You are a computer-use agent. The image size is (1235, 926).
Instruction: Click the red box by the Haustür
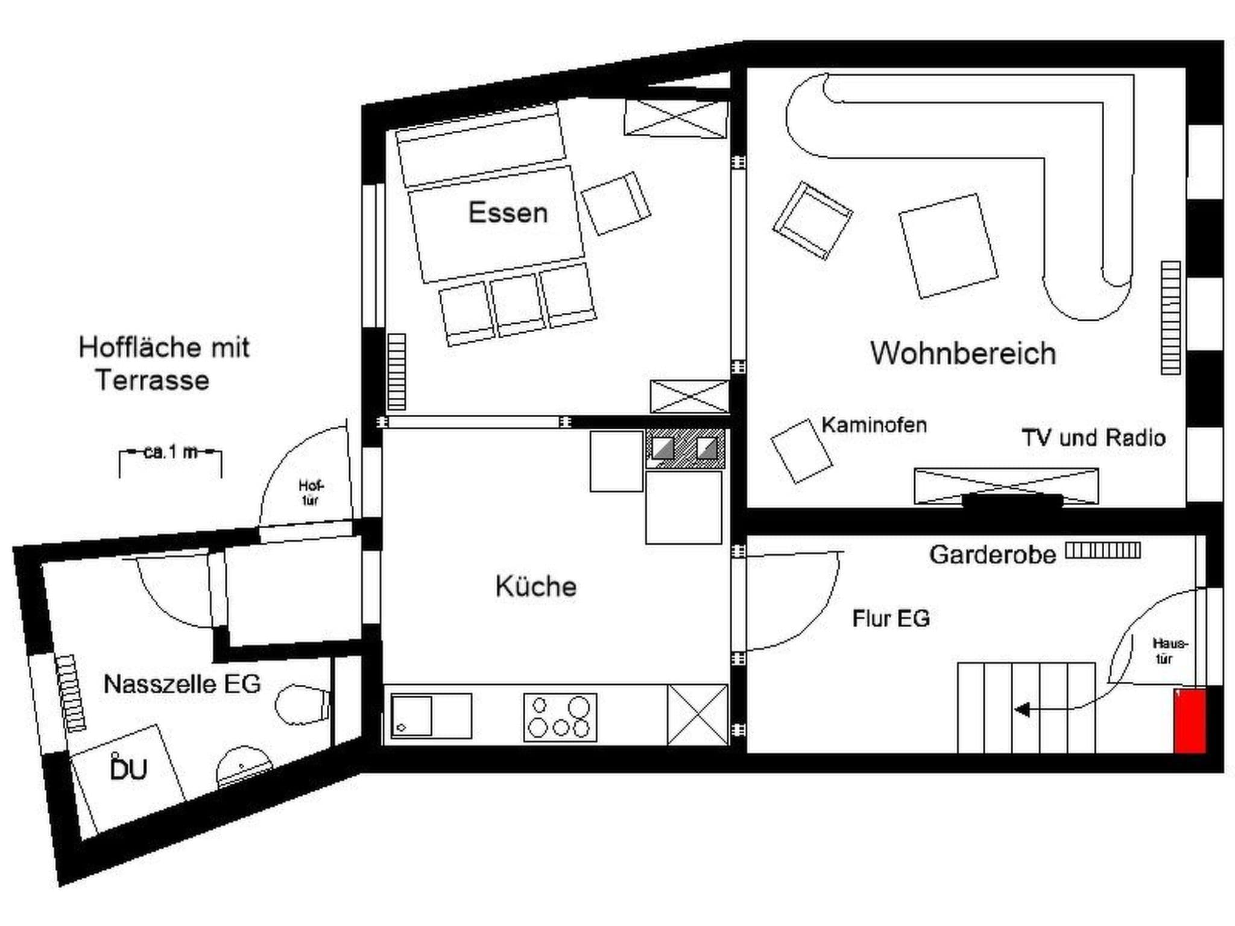coord(1189,721)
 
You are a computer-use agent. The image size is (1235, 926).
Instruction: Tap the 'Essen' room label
coord(508,213)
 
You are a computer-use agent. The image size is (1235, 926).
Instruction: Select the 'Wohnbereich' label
coord(963,353)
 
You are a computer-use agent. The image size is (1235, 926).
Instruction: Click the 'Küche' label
coord(535,587)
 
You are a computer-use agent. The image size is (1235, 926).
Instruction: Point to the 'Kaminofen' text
coord(874,425)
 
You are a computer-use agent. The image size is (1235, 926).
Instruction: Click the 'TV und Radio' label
coord(1093,438)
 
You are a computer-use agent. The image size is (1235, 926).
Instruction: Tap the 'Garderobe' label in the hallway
coord(993,555)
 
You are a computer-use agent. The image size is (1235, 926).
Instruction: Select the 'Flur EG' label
coord(891,619)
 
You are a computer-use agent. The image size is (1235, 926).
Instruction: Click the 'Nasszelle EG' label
coord(182,684)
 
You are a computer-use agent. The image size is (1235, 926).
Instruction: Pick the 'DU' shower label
coord(128,770)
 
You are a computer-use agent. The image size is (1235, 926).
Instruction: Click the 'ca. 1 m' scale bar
coord(171,452)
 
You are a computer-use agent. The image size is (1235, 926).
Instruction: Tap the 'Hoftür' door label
coord(310,493)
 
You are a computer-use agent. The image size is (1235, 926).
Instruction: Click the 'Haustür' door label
coord(1169,650)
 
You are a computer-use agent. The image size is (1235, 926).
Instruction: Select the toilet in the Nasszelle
coord(302,704)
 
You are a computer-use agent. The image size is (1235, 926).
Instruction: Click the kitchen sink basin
coord(412,716)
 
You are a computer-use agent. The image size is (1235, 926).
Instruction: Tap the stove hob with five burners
coord(560,717)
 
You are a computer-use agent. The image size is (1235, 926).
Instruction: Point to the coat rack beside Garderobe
coord(1103,550)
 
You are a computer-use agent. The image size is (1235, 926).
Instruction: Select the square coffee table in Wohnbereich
coord(948,246)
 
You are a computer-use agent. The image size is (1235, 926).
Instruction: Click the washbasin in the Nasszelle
coord(243,766)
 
